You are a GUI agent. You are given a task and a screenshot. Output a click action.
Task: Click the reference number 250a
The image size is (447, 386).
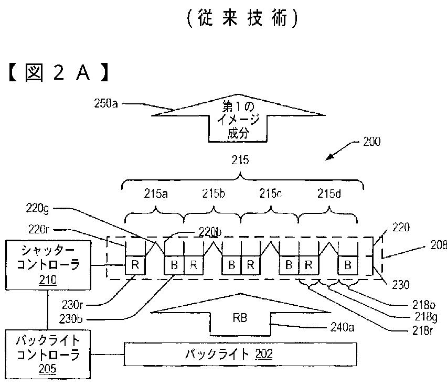106,104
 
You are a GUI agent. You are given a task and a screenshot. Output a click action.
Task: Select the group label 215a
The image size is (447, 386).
156,193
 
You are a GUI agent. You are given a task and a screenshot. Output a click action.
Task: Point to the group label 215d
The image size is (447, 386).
329,193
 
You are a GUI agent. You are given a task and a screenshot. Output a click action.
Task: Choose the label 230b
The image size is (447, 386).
89,317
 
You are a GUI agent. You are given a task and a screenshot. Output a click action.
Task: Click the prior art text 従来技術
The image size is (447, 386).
242,18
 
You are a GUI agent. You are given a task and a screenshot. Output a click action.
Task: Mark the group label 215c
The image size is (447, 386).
270,193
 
